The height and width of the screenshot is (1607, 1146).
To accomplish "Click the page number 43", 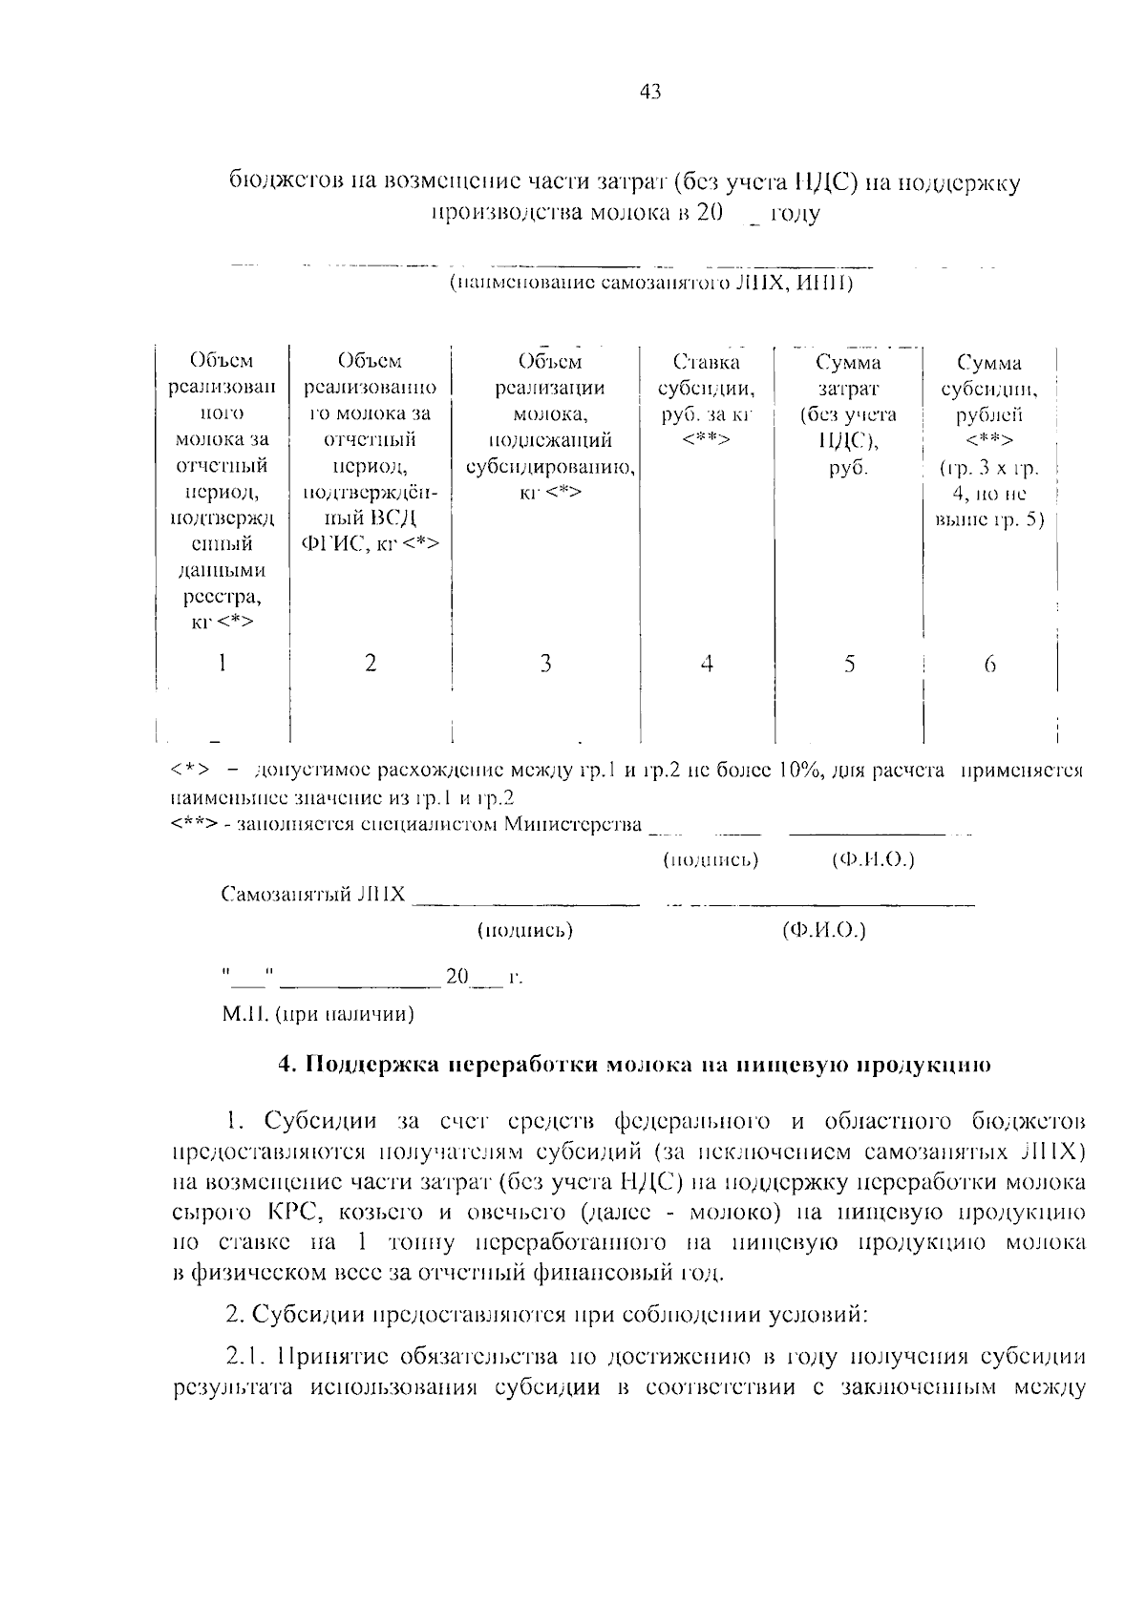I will (650, 93).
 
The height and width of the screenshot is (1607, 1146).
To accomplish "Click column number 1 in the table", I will (222, 663).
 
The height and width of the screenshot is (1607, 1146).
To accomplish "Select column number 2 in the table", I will (371, 663).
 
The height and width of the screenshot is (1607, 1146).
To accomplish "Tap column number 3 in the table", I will (545, 663).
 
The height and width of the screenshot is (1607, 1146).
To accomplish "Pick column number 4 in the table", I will (707, 663).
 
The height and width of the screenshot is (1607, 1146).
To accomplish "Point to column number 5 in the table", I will (849, 663).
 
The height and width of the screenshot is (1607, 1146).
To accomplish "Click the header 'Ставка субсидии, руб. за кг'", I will (707, 401).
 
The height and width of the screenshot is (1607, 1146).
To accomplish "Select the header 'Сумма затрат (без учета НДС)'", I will (848, 414).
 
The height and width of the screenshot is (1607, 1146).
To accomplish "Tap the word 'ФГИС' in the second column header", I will (329, 544).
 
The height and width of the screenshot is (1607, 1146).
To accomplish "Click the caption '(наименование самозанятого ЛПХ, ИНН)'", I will (650, 284).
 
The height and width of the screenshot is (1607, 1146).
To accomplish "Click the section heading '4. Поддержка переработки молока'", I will (633, 1065).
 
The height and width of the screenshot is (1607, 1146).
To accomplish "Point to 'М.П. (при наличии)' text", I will (319, 1014).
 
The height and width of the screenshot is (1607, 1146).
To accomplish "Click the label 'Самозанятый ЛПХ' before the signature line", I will (313, 896).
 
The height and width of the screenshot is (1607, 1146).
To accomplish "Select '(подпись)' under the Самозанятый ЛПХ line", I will (524, 930).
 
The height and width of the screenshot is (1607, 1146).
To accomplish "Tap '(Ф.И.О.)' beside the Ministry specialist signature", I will (873, 859).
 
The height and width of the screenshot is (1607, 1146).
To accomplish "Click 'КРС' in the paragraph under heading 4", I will (281, 1213).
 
